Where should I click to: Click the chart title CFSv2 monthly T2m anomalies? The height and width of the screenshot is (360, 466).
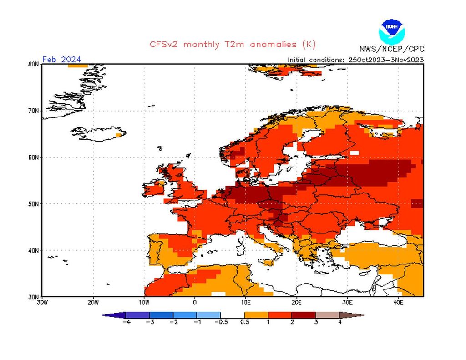[232, 44]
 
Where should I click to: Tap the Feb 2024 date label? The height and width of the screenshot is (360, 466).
[61, 59]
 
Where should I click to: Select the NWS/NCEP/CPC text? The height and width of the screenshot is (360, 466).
[391, 49]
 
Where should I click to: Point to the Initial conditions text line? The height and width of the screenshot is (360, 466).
[355, 60]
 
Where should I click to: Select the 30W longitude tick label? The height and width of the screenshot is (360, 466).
[42, 302]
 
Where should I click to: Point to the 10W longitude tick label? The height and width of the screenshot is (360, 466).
[144, 302]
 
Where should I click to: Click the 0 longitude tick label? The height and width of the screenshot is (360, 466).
[195, 302]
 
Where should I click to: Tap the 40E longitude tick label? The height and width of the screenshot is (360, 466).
[398, 302]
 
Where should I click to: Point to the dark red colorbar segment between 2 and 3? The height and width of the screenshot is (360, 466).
[304, 314]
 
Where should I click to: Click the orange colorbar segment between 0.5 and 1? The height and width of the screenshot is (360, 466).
[256, 314]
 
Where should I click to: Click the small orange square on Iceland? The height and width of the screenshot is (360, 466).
[119, 135]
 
